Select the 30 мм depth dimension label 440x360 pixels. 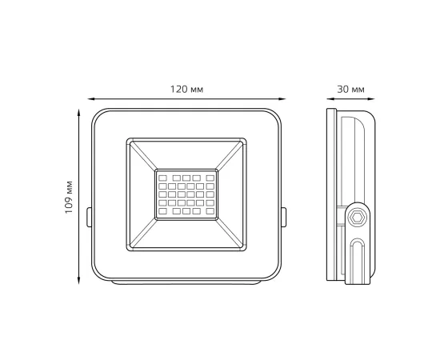[x=353, y=88]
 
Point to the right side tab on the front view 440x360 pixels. [x=285, y=216]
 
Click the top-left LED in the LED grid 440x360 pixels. [x=162, y=177]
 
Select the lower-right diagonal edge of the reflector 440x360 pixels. [x=232, y=234]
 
